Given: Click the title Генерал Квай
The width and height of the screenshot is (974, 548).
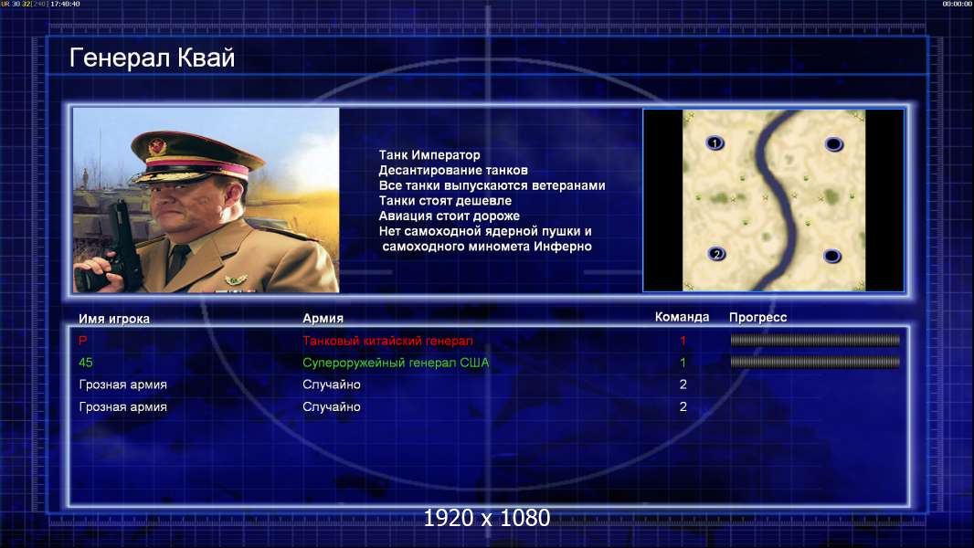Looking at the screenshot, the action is click(x=153, y=58).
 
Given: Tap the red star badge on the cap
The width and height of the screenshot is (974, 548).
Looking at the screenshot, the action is click(x=157, y=147).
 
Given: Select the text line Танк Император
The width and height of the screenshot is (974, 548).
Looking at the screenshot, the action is click(x=429, y=155).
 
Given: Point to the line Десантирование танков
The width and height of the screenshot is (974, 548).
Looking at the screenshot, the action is click(x=453, y=170).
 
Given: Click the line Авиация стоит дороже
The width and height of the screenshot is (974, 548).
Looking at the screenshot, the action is click(x=450, y=216).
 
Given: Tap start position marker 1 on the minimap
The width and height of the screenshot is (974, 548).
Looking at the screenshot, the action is click(x=715, y=143).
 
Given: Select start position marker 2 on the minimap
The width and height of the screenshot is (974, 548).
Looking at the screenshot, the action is click(x=717, y=254).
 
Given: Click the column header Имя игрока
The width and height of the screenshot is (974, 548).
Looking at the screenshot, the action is click(x=113, y=319).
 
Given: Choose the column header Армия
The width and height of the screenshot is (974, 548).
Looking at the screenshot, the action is click(x=323, y=318).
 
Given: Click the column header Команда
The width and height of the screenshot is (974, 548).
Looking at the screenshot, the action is click(x=682, y=317).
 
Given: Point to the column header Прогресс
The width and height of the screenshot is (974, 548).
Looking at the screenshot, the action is click(x=757, y=317).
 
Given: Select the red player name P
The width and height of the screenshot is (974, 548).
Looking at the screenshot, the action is click(x=82, y=340).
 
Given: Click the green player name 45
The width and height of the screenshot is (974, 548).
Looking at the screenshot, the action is click(x=86, y=363).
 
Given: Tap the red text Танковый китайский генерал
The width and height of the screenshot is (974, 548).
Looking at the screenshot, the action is click(x=387, y=341).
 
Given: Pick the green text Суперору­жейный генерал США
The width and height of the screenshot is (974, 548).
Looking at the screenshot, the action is click(x=396, y=363).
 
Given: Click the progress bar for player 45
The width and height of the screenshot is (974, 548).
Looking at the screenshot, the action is click(x=815, y=362).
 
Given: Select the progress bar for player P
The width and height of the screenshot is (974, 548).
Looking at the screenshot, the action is click(x=815, y=340).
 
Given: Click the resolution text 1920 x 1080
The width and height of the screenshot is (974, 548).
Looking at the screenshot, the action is click(x=487, y=518).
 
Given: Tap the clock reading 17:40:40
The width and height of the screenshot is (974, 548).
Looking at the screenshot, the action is click(x=65, y=4).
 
